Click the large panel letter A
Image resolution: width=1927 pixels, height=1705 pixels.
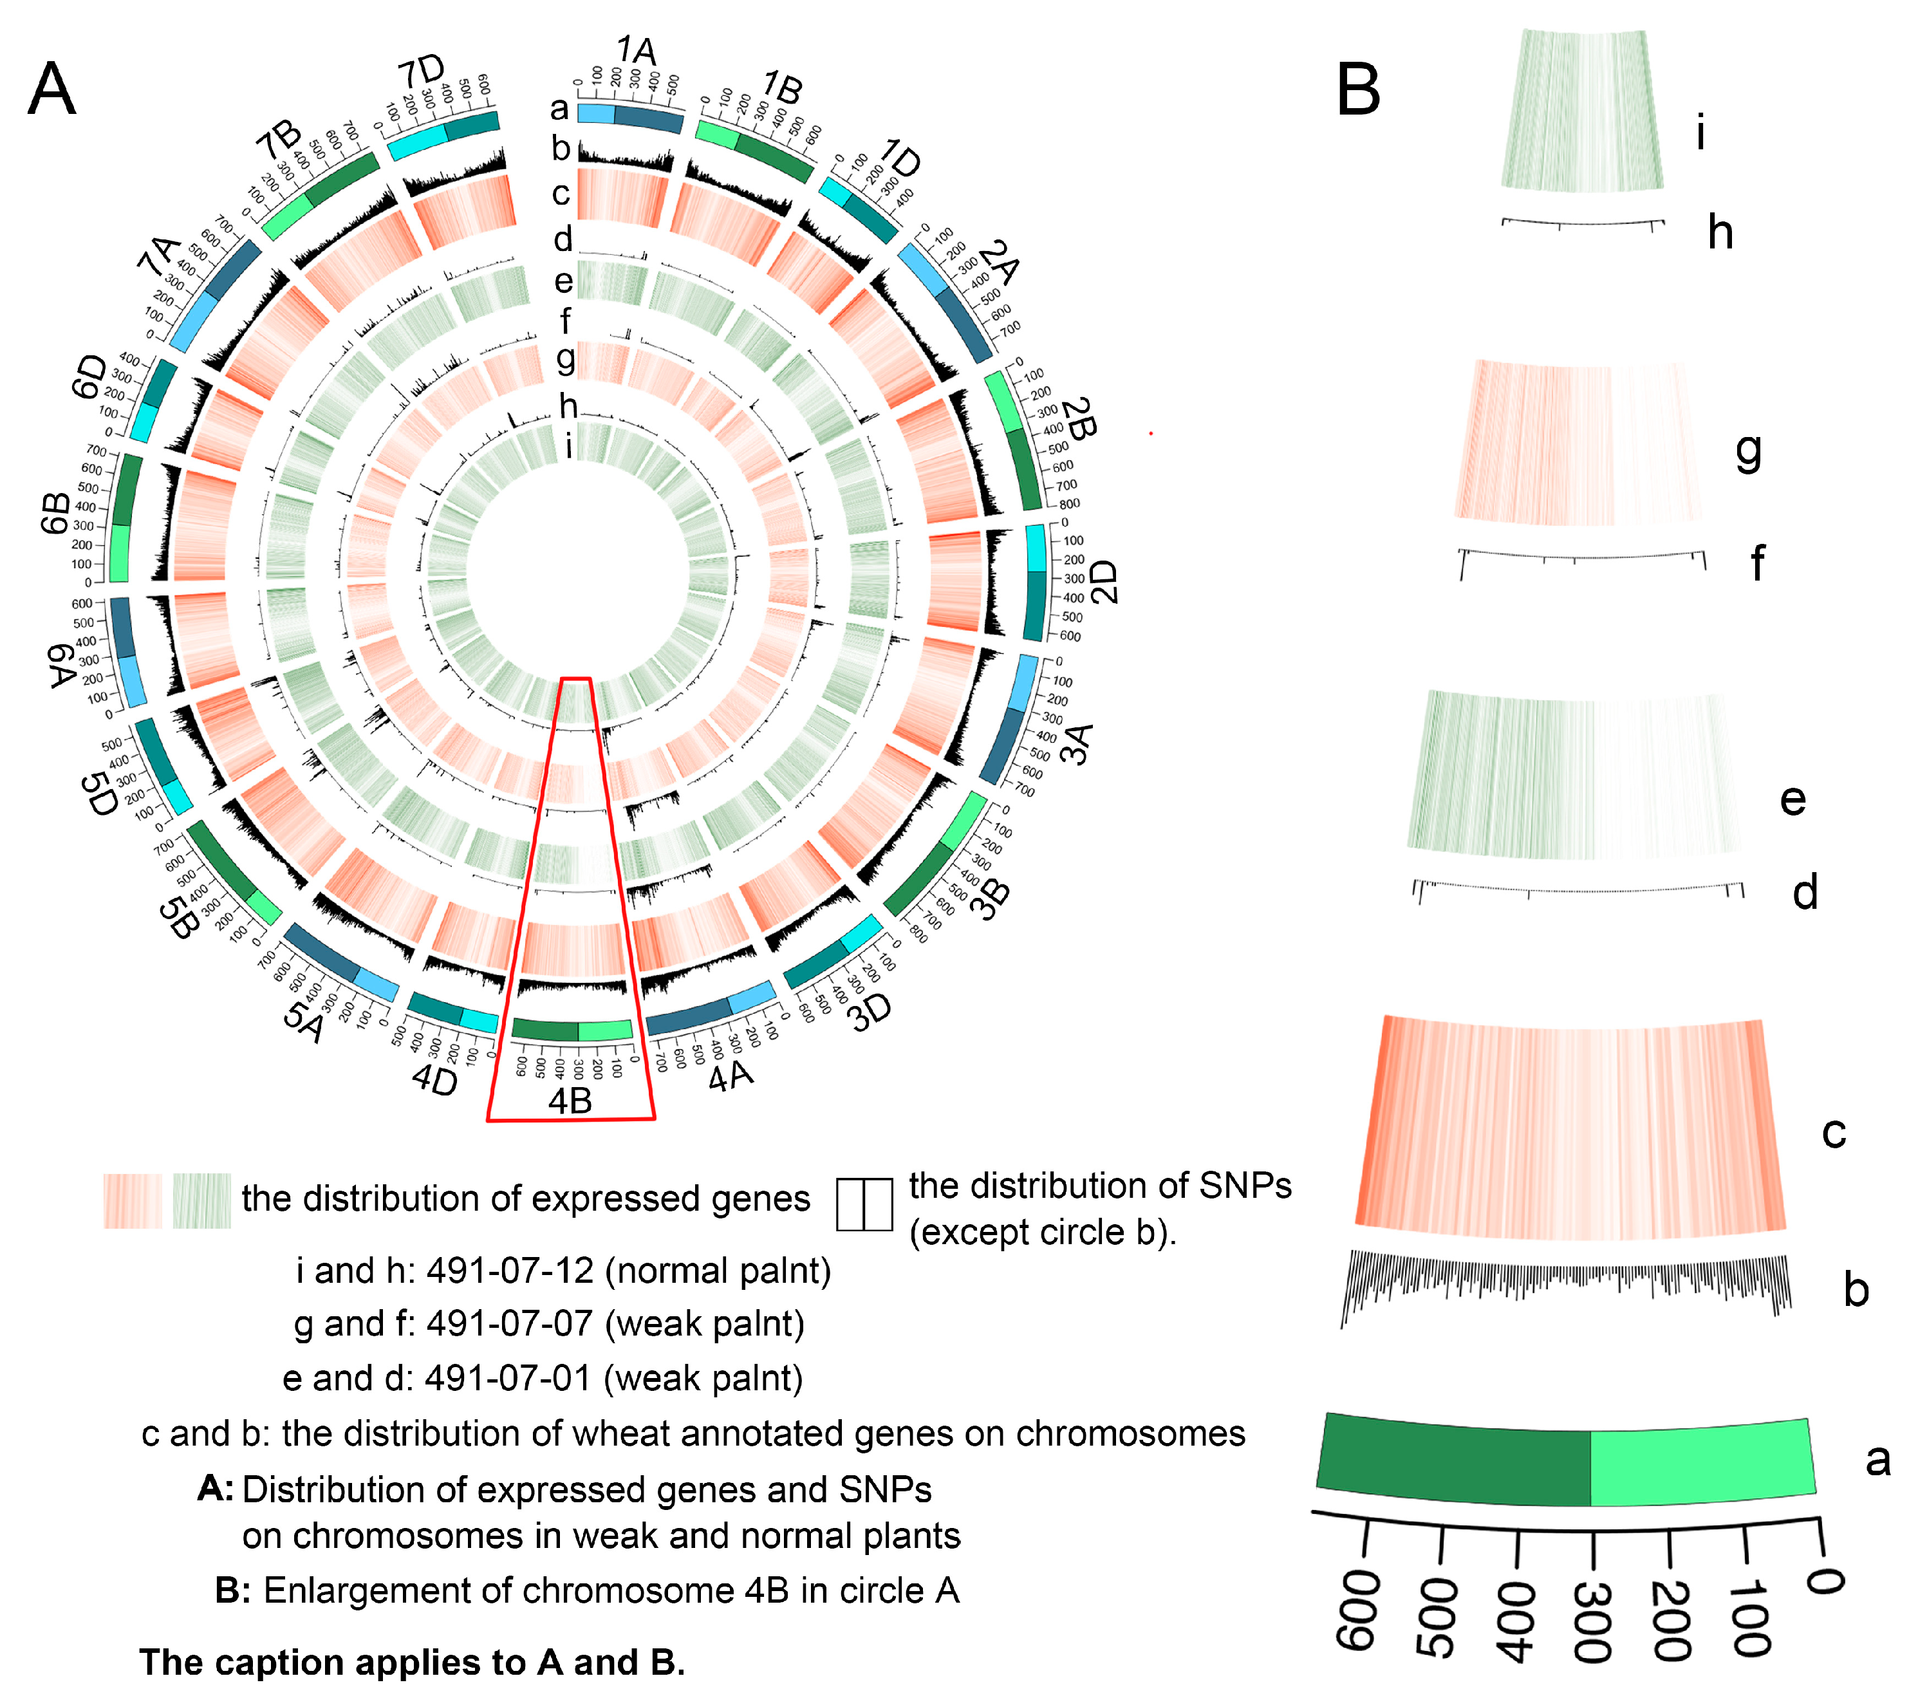pos(52,89)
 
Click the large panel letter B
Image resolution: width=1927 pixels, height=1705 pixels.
pos(1359,91)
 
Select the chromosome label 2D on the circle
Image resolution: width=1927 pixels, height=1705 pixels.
pos(1103,582)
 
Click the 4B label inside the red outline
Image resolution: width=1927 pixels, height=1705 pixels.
pos(570,1101)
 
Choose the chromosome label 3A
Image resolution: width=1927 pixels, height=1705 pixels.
pos(1077,744)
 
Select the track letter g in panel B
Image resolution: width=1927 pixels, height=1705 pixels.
pos(1749,452)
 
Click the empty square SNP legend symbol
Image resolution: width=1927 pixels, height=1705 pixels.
pos(864,1204)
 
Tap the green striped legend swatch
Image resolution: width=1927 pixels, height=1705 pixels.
pos(201,1200)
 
